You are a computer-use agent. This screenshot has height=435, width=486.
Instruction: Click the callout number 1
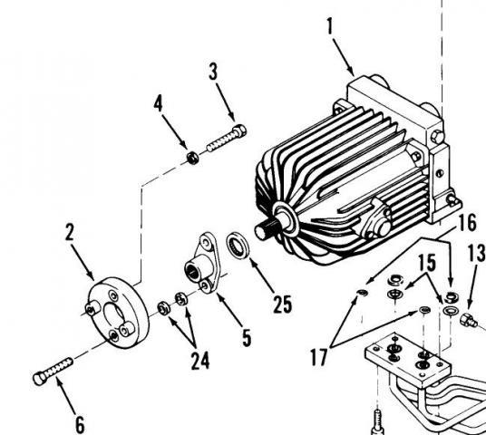click(x=330, y=26)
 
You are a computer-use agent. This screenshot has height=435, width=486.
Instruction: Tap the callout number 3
click(x=214, y=72)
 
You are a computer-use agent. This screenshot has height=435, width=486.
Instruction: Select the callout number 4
click(x=158, y=103)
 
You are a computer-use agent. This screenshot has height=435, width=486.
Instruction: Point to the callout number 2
click(x=70, y=232)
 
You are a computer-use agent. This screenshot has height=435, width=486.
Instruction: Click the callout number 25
click(x=282, y=304)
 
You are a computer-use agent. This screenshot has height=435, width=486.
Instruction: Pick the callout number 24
click(x=200, y=361)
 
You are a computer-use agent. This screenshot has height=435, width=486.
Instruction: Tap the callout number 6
click(x=80, y=425)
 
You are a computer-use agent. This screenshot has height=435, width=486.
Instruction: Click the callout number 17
click(x=318, y=357)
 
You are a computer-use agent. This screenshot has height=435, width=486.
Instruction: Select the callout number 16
click(x=467, y=223)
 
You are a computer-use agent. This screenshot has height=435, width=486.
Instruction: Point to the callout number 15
click(x=427, y=263)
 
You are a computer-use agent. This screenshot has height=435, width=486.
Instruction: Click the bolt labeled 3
click(x=227, y=138)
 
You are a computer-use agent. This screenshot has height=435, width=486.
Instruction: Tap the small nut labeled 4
click(x=193, y=158)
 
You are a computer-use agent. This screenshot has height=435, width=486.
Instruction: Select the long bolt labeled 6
click(x=53, y=372)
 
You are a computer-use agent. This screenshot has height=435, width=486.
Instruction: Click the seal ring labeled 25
click(x=238, y=245)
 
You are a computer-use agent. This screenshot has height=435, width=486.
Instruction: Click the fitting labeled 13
click(x=469, y=320)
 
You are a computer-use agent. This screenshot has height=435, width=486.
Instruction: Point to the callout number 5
click(x=247, y=338)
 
